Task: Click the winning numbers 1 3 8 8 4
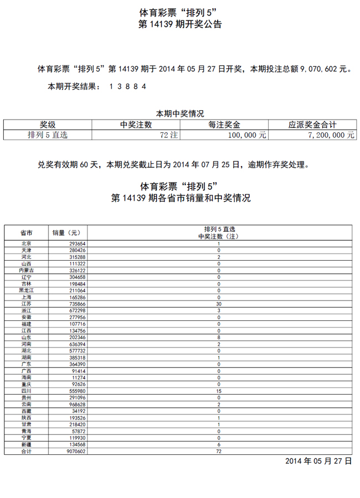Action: (x=128, y=86)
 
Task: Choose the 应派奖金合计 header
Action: (x=312, y=125)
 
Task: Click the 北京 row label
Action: (x=26, y=243)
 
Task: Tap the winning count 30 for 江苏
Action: (x=219, y=304)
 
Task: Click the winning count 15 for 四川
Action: (x=219, y=391)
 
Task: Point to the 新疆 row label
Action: (x=26, y=445)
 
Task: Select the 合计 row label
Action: (x=26, y=452)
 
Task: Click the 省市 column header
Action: (x=26, y=233)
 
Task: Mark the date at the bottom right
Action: (x=318, y=461)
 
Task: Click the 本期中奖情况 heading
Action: (x=180, y=113)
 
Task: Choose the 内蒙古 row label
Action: (x=26, y=271)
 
